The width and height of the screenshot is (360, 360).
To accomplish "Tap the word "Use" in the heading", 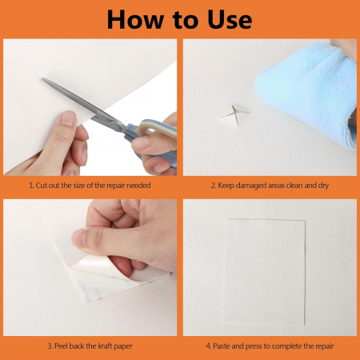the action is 230,19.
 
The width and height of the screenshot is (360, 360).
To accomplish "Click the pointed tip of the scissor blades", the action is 42,78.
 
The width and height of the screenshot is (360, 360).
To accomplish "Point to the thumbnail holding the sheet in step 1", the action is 69,118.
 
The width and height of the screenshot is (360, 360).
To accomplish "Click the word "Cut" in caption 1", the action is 42,186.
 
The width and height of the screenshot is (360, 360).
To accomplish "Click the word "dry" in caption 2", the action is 323,186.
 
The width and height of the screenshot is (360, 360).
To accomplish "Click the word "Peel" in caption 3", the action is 61,346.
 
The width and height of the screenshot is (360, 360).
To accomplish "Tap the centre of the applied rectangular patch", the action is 265,271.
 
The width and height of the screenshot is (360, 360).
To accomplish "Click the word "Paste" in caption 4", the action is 222,346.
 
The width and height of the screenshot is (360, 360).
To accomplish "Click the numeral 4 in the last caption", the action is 208,346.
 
